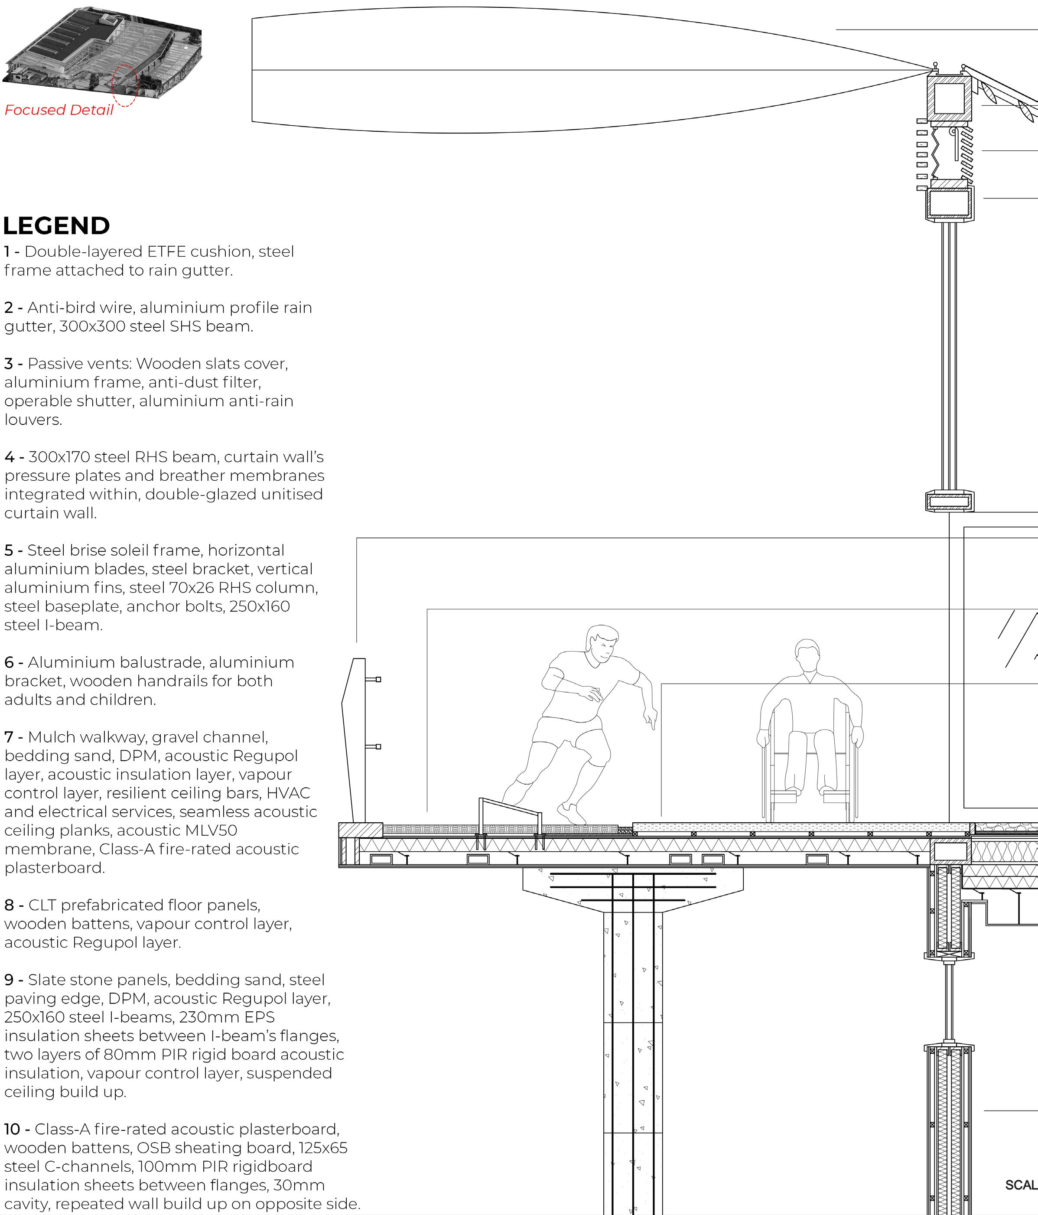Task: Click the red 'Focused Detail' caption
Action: (x=59, y=110)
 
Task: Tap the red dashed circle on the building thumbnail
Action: (x=124, y=86)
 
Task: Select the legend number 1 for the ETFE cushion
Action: (x=7, y=251)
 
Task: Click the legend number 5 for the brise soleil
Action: (x=8, y=550)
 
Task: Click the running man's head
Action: (x=602, y=645)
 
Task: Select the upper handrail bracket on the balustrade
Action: (x=374, y=680)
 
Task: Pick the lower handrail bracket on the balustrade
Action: (x=374, y=746)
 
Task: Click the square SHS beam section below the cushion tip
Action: (x=948, y=98)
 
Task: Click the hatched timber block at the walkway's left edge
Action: (x=361, y=830)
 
